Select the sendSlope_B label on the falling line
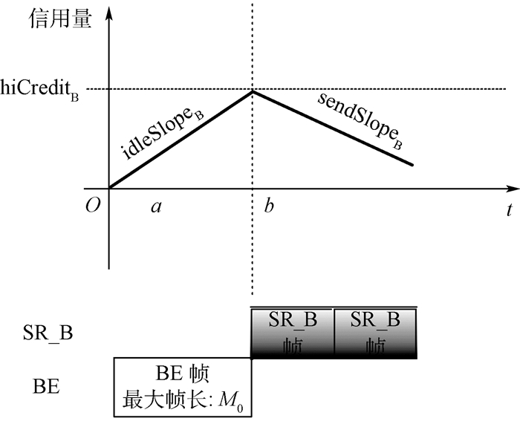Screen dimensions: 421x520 (360, 120)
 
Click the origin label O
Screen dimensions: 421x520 (92, 206)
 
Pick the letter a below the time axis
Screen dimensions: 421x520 (156, 206)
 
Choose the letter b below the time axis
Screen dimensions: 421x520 (268, 206)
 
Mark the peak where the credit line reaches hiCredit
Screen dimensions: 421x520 (253, 91)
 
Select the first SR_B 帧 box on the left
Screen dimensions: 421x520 (293, 332)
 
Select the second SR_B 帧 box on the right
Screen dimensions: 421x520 (375, 332)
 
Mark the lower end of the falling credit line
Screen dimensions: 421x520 (412, 165)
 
